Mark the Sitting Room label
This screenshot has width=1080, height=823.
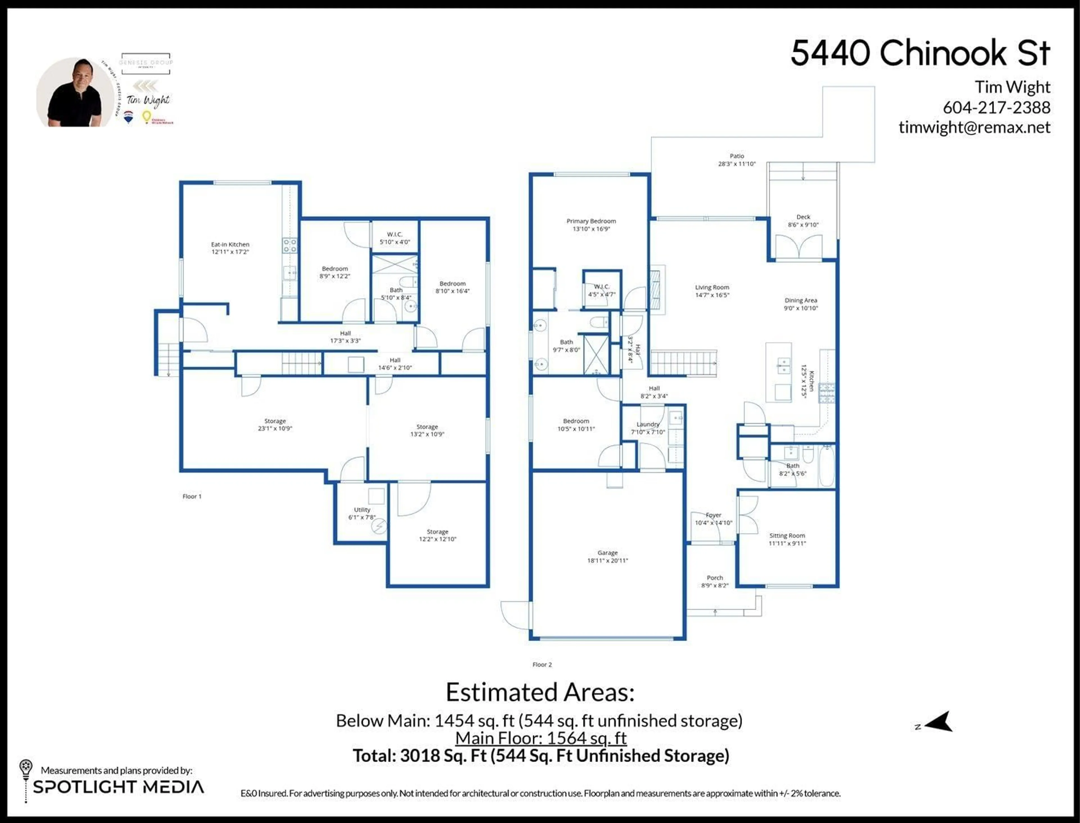[x=787, y=539]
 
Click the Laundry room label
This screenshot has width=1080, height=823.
[x=648, y=428]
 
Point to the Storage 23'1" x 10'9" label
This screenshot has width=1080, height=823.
[x=275, y=424]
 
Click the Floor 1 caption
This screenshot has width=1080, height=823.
[x=192, y=496]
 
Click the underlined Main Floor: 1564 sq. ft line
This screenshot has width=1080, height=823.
[x=541, y=738]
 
